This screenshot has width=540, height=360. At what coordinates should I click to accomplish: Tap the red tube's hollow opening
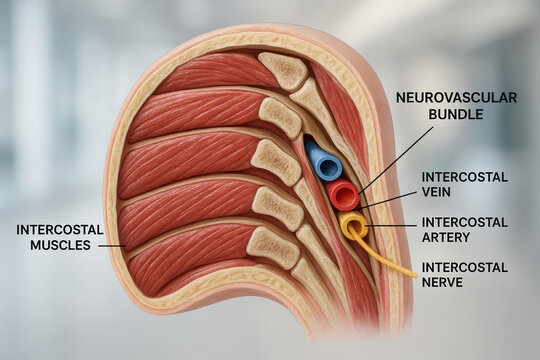click(342, 193)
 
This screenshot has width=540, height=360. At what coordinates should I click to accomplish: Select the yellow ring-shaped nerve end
click(352, 225)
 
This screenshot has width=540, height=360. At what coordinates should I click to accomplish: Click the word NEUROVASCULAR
click(456, 98)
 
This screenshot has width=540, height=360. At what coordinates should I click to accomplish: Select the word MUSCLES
click(60, 245)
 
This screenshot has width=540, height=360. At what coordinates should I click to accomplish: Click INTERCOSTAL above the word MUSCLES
click(60, 229)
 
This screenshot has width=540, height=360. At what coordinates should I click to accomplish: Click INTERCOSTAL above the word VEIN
click(464, 177)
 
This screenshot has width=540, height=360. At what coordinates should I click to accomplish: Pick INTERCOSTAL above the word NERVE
click(464, 268)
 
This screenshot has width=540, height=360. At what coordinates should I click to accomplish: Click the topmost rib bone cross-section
click(285, 70)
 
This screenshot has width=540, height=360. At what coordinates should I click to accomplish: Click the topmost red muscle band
click(210, 72)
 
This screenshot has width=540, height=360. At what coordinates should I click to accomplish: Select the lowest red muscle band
click(190, 255)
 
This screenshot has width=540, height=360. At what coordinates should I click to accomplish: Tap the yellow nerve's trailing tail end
click(412, 273)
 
